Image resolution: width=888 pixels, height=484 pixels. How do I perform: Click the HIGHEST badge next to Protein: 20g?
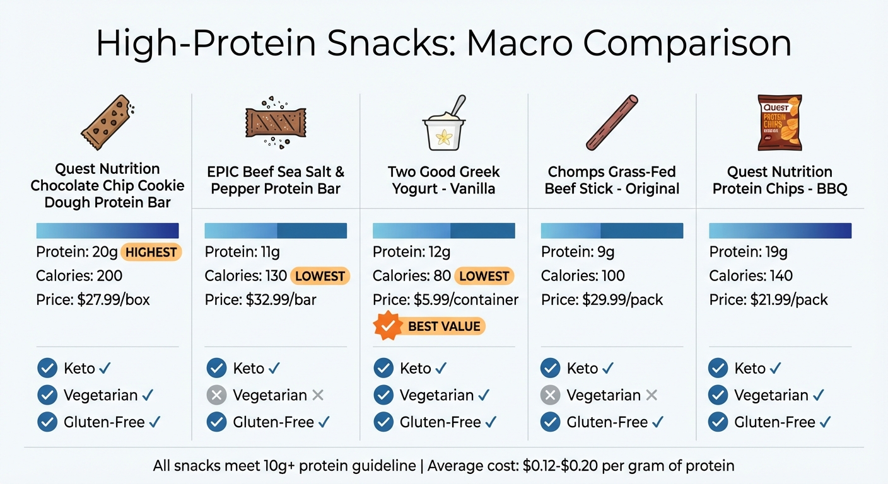[x=151, y=253]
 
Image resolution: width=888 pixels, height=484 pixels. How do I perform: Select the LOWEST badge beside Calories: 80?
[x=485, y=276]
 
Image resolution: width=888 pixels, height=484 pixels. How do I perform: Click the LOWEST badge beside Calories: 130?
[x=320, y=276]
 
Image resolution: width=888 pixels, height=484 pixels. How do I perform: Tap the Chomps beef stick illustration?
[x=612, y=122]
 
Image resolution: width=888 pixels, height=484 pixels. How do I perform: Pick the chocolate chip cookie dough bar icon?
[x=108, y=122]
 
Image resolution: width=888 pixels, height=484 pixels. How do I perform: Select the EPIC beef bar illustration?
[x=276, y=121]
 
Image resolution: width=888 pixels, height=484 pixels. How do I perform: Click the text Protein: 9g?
[x=578, y=253]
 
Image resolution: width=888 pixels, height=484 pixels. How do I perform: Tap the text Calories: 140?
[x=751, y=276]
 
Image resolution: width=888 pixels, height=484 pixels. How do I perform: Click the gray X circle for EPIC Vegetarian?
[x=216, y=395]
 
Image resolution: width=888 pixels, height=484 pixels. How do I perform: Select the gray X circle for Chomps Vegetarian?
[x=551, y=395]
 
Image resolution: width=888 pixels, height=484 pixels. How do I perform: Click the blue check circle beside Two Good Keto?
[x=383, y=368]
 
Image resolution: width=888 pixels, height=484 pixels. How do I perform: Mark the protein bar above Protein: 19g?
[x=780, y=231]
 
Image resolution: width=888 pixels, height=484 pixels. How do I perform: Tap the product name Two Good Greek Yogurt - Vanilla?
[x=444, y=180]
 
